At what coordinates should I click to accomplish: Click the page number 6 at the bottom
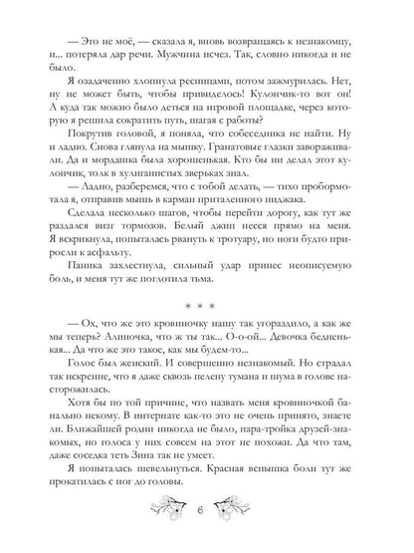tap(206, 524)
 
